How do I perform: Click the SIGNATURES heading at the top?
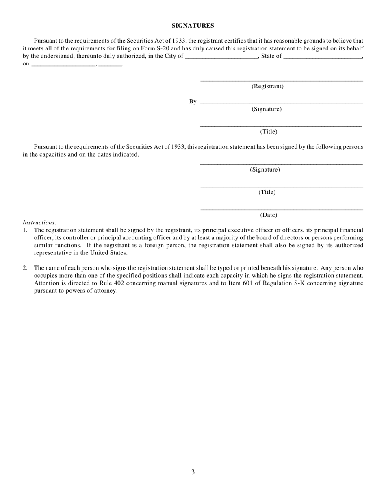pyautogui.click(x=193, y=26)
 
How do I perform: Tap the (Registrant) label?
pyautogui.click(x=267, y=86)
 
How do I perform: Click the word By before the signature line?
pyautogui.click(x=193, y=101)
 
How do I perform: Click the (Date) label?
pyautogui.click(x=269, y=215)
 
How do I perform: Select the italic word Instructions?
pyautogui.click(x=39, y=222)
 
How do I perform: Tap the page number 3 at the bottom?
pyautogui.click(x=193, y=472)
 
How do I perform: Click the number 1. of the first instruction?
pyautogui.click(x=25, y=230)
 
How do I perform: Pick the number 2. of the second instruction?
pyautogui.click(x=25, y=268)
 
